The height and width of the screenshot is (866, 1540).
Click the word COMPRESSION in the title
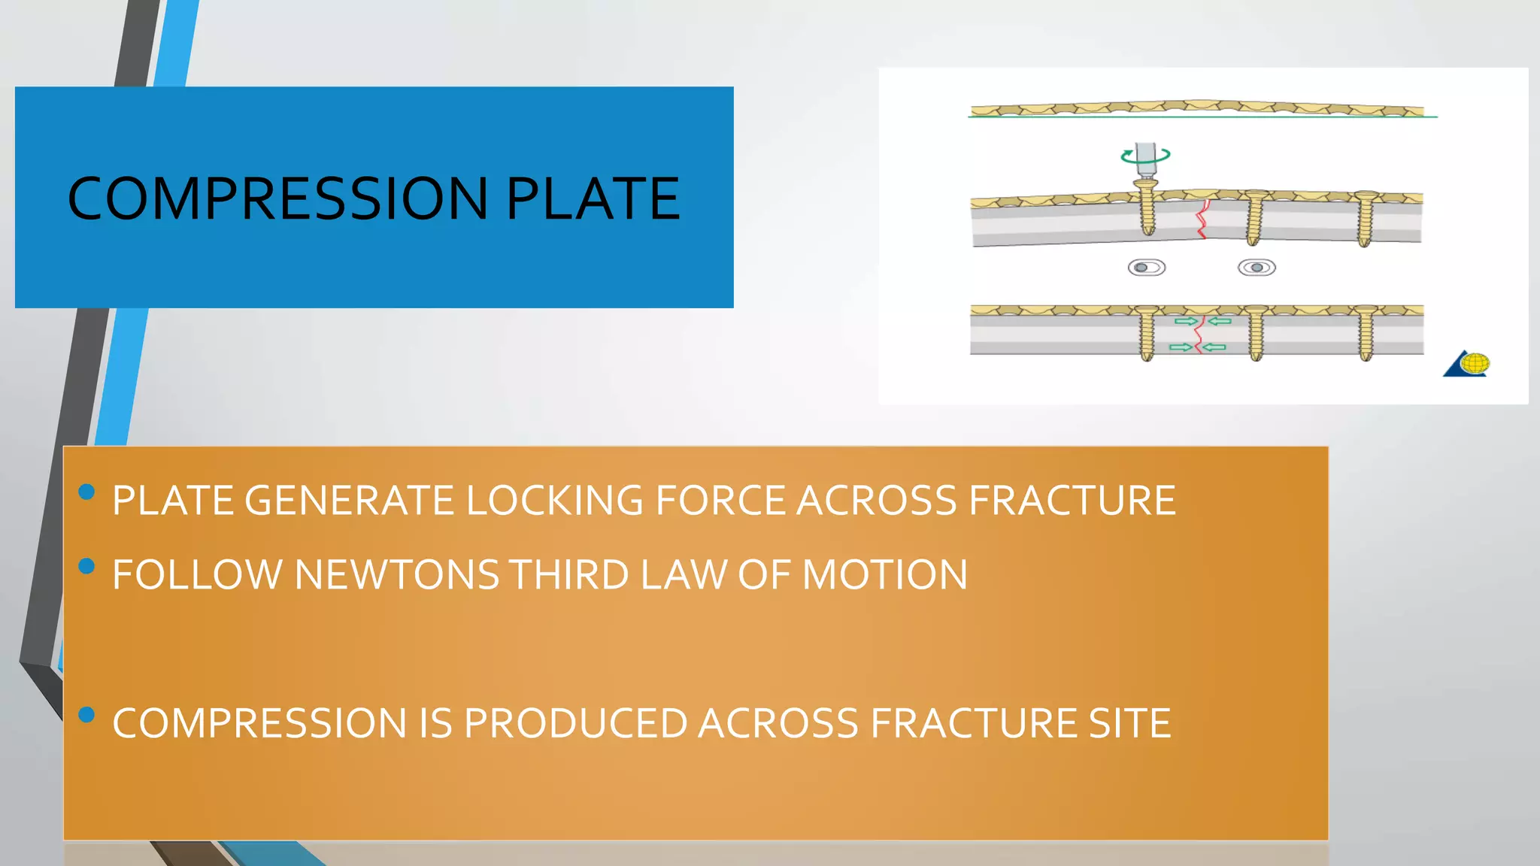point(278,198)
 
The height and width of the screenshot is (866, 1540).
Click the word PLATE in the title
point(593,198)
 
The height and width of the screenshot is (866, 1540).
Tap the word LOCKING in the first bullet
point(554,501)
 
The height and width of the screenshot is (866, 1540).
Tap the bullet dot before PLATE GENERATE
point(86,492)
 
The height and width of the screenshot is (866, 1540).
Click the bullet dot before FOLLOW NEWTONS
point(86,566)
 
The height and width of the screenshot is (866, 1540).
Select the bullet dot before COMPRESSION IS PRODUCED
point(86,714)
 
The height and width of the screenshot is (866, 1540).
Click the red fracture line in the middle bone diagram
point(1202,219)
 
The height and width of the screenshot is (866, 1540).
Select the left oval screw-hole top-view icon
point(1147,268)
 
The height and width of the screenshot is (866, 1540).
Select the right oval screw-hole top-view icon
point(1257,268)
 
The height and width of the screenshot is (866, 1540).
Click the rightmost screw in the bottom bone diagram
point(1366,332)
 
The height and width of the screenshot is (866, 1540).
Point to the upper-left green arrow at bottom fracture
point(1186,322)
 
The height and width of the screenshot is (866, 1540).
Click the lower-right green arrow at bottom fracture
point(1215,347)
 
